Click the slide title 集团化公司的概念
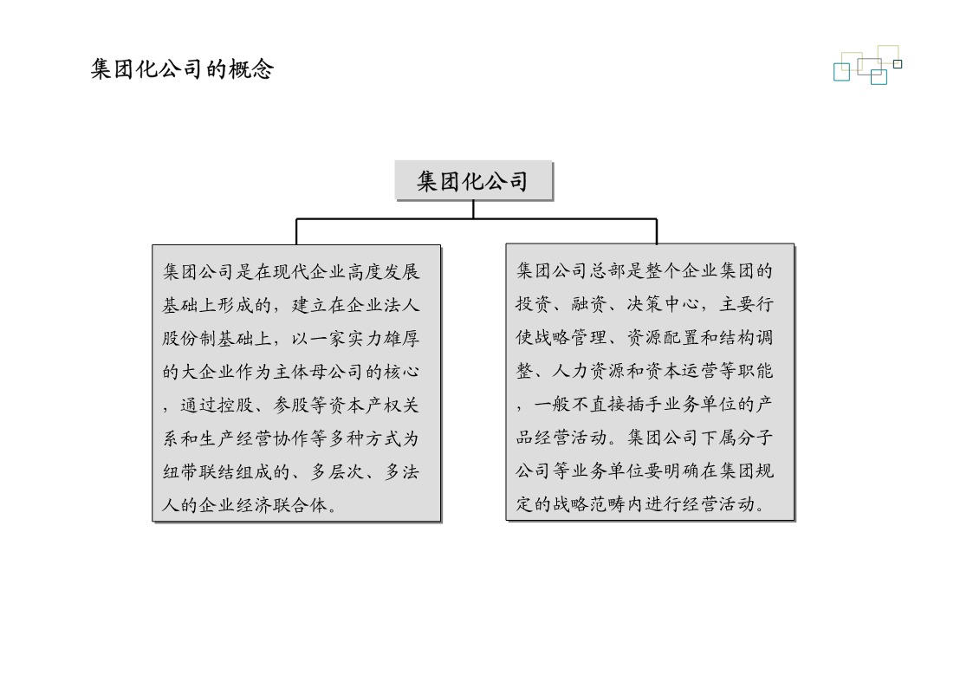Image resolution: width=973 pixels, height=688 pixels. tap(182, 68)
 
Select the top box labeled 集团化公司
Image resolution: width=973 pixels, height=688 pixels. tap(473, 180)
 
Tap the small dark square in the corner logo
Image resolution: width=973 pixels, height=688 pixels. tap(898, 64)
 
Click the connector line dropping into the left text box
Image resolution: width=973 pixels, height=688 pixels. tap(296, 231)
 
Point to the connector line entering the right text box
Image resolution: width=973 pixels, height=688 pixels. tap(657, 231)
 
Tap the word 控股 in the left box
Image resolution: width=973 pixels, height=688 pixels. tap(235, 406)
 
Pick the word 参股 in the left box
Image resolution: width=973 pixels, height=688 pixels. tap(291, 406)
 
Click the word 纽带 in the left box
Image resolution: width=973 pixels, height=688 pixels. tap(180, 473)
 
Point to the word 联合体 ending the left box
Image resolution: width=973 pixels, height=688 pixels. tap(301, 506)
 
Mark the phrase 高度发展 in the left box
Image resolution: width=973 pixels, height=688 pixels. tap(384, 272)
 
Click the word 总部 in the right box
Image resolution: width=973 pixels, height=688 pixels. tap(607, 270)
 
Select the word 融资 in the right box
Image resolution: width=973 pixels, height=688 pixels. tap(589, 304)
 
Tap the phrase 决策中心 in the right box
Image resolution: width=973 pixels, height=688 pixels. tap(663, 304)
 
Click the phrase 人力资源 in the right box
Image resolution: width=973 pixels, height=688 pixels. tap(589, 371)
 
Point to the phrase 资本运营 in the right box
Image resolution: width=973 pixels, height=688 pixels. tap(681, 371)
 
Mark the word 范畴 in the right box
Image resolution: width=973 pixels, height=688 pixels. tap(607, 504)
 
